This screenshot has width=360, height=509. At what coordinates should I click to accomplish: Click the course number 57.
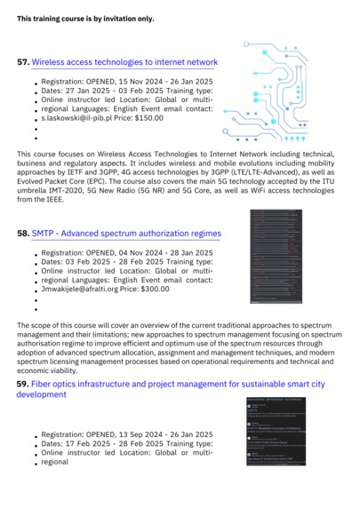(23, 63)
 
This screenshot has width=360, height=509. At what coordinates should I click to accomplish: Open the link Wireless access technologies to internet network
(124, 63)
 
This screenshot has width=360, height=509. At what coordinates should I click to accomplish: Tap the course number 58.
(23, 234)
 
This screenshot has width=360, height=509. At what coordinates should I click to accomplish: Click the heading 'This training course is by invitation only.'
(85, 18)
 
